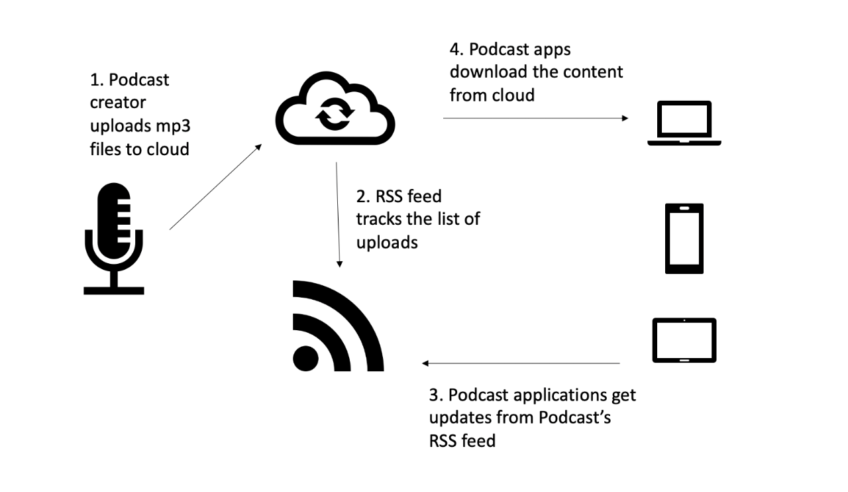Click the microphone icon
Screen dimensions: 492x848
(x=114, y=239)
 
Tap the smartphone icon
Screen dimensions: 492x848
(x=684, y=239)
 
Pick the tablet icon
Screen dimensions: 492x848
(x=684, y=340)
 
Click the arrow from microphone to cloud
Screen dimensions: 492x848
(x=216, y=188)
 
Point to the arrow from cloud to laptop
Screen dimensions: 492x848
(x=535, y=118)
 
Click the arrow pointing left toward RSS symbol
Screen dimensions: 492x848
(x=521, y=363)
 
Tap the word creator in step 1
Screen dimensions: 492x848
(x=118, y=103)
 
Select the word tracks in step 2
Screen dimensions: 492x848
(x=382, y=219)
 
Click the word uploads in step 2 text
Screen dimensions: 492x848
(x=387, y=243)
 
